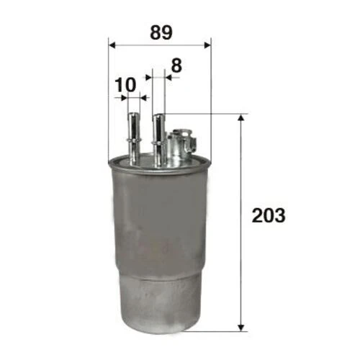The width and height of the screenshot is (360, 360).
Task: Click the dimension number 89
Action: [161, 32]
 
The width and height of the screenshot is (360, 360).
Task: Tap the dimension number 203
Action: [269, 215]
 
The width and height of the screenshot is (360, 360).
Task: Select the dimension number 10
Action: [125, 85]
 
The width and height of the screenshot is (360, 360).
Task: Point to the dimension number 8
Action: [176, 66]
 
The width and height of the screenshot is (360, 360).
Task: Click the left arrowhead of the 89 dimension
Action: [112, 45]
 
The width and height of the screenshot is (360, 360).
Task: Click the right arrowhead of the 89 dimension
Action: [207, 45]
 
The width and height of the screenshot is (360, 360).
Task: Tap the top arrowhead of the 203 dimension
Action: [241, 117]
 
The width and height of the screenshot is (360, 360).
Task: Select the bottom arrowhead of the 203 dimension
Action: [241, 328]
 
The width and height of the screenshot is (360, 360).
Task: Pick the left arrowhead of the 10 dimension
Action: [124, 98]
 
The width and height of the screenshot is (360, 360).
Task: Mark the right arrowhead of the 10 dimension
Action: [143, 98]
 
